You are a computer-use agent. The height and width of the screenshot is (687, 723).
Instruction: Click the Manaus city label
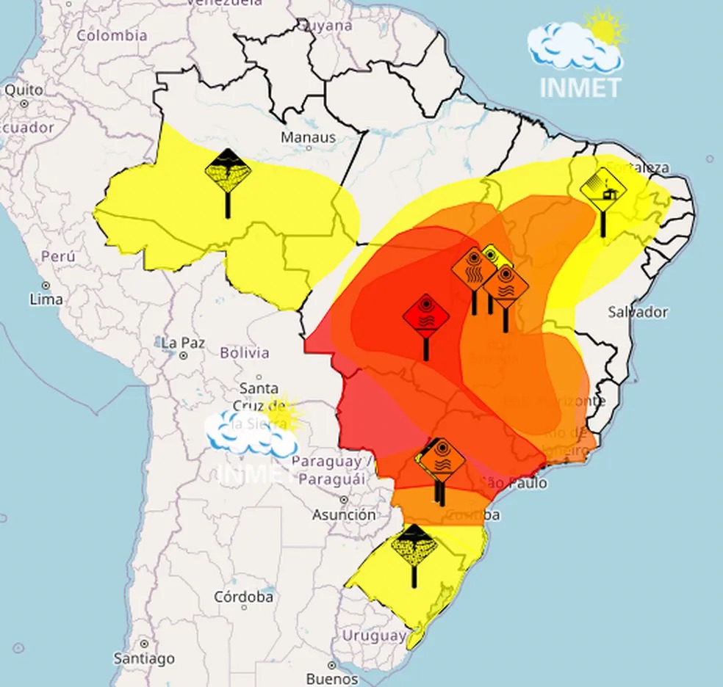[x=308, y=137]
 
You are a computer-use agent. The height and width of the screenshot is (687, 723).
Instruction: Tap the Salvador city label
[x=638, y=312]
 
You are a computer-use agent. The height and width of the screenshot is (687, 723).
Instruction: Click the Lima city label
[x=46, y=299]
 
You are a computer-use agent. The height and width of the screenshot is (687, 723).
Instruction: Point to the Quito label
[x=24, y=90]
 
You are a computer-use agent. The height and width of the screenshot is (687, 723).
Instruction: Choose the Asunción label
[x=344, y=515]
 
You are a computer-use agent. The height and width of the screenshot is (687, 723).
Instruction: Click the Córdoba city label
[x=243, y=597]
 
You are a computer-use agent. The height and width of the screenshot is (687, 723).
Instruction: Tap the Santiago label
[x=144, y=658]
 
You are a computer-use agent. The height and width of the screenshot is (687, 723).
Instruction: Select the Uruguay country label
[x=374, y=635]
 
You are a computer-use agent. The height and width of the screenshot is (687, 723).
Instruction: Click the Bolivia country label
[x=245, y=353]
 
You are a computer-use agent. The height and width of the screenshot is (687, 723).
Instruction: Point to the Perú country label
[x=58, y=257]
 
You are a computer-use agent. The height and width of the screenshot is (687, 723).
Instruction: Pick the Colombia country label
[x=112, y=35]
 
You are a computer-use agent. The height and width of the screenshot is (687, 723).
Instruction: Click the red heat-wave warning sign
[x=425, y=317]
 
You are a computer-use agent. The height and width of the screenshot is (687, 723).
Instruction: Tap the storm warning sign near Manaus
[x=228, y=172]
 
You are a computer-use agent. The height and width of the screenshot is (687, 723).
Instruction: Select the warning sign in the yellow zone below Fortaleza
[x=603, y=189]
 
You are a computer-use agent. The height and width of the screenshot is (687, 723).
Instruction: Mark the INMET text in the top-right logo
[x=580, y=87]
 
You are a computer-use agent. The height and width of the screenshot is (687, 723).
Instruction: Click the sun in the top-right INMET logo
[x=605, y=29]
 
